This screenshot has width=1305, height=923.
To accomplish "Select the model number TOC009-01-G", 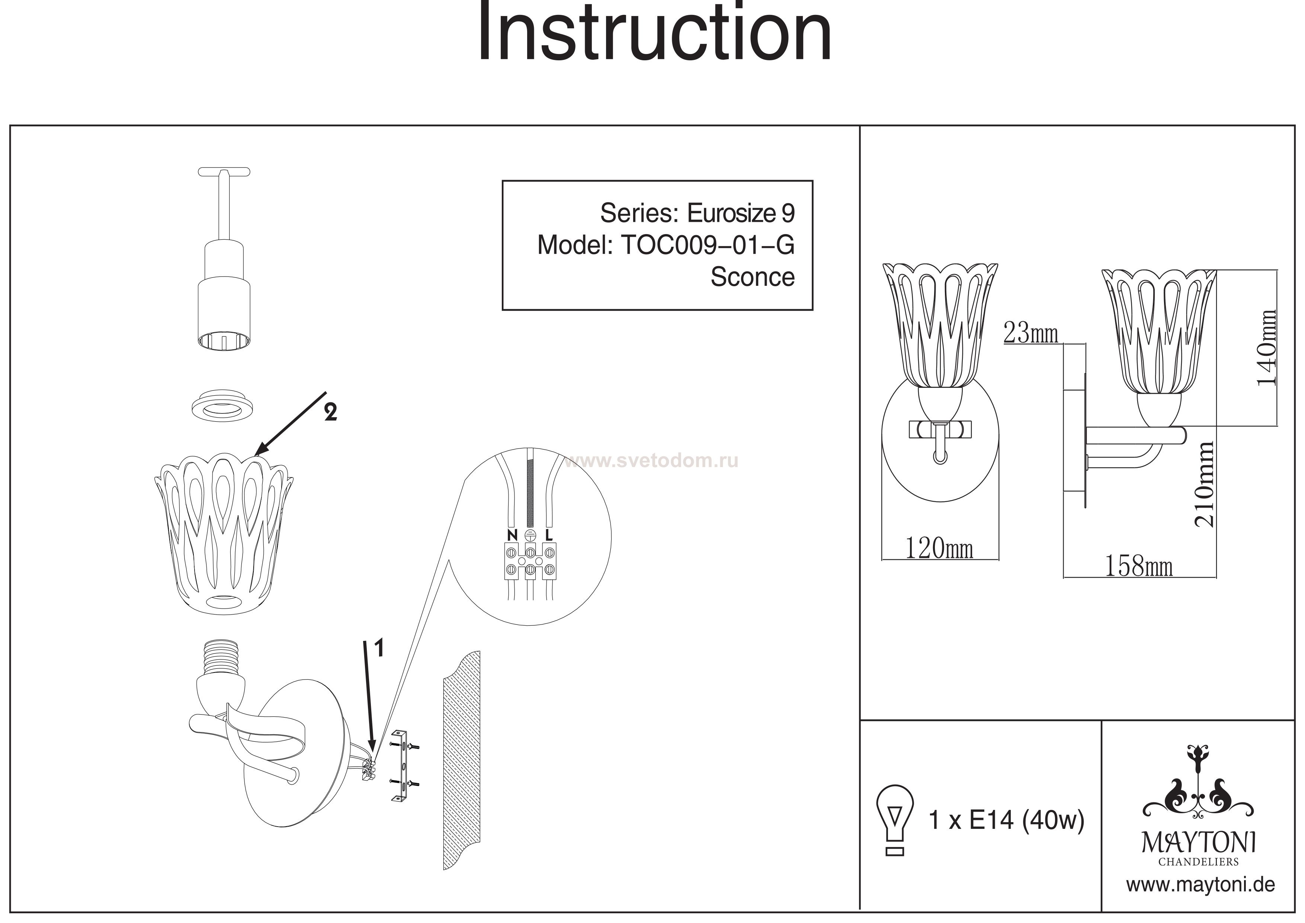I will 708,245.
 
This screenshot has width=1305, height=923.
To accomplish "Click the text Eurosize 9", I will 741,213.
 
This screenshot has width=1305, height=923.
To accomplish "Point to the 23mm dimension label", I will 1030,333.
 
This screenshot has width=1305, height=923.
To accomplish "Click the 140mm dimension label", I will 1266,348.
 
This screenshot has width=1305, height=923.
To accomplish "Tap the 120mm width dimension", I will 939,549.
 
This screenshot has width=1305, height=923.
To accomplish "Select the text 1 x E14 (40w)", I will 1006,820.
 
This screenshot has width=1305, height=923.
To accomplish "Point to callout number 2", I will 330,412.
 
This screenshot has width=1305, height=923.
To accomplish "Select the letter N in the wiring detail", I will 512,535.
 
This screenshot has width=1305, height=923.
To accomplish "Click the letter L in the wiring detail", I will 548,535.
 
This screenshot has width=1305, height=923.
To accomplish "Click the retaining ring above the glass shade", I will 222,405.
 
